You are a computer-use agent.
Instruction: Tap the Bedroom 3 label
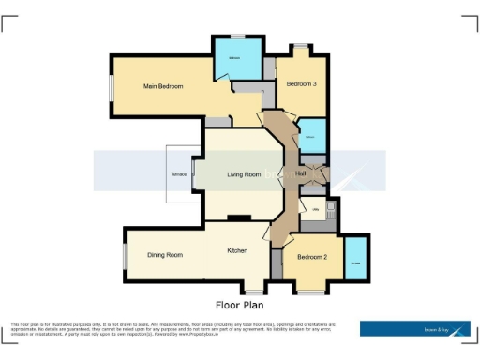[301, 84]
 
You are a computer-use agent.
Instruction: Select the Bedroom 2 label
[312, 257]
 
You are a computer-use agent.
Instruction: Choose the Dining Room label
[164, 255]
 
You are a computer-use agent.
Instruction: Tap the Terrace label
[178, 175]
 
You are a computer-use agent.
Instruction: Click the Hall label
[301, 173]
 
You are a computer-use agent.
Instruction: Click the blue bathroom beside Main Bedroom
[233, 60]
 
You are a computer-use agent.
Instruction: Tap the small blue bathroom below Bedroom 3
[312, 138]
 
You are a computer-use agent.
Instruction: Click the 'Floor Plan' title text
[240, 305]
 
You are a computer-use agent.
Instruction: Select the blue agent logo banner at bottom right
[414, 328]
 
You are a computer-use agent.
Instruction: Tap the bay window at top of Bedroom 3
[301, 47]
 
